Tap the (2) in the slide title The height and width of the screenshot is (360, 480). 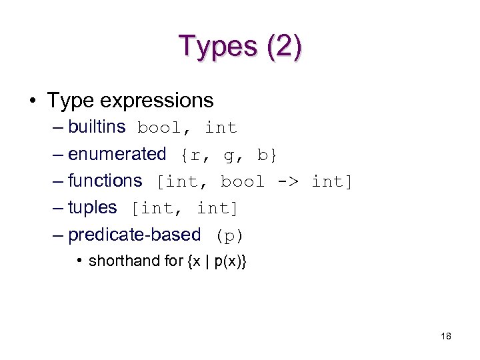point(283,46)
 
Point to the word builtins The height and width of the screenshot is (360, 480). point(97,127)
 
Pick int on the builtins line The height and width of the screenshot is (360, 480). point(221,127)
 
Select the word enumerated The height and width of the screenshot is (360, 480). point(117,154)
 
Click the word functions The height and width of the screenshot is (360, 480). point(105,181)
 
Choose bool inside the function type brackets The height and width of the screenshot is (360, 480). point(243,181)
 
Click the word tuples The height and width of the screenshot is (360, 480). point(93,207)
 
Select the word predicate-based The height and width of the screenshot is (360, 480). point(135,235)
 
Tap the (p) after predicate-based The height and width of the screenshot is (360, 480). point(229,235)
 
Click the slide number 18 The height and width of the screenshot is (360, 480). point(445,337)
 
